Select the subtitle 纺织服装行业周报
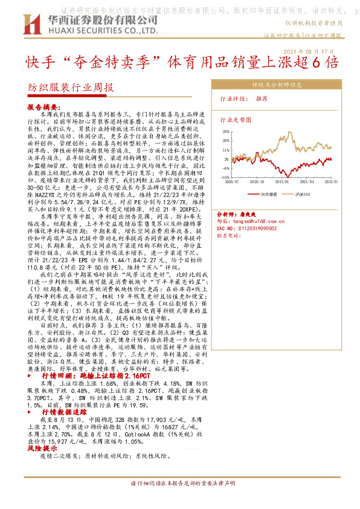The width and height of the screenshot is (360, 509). coord(71,86)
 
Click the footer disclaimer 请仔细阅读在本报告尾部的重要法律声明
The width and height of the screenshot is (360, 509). coord(182,484)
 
